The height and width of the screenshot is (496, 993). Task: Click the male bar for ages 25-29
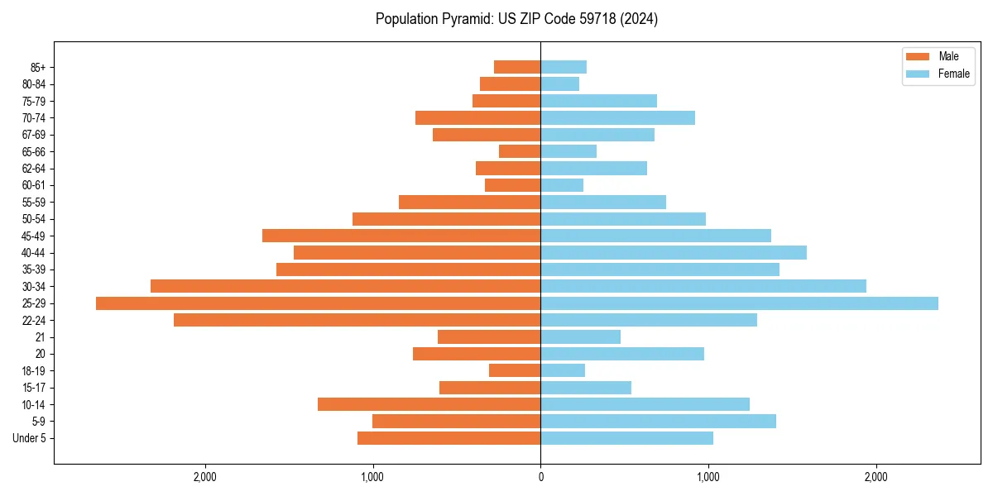(x=318, y=303)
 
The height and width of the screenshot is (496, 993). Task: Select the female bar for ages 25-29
(x=739, y=303)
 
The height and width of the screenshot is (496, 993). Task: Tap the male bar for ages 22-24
(x=357, y=320)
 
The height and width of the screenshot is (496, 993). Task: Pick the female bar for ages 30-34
(x=703, y=286)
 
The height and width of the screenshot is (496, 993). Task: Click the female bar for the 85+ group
(x=564, y=67)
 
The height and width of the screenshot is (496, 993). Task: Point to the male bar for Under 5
(x=449, y=438)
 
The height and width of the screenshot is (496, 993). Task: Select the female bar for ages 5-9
(x=658, y=422)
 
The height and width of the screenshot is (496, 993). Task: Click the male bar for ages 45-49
(x=401, y=236)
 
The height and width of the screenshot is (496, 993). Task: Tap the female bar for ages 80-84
(x=560, y=84)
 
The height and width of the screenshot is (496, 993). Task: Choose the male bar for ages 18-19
(x=515, y=370)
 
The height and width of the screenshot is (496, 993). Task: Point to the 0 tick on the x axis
(x=540, y=477)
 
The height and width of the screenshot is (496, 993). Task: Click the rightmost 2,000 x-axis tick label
(x=875, y=477)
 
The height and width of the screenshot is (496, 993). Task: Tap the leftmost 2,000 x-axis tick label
(x=204, y=477)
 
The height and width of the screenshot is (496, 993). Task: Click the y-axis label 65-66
(x=34, y=152)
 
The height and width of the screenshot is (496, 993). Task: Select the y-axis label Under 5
(x=29, y=438)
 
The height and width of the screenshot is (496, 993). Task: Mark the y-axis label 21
(x=40, y=337)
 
